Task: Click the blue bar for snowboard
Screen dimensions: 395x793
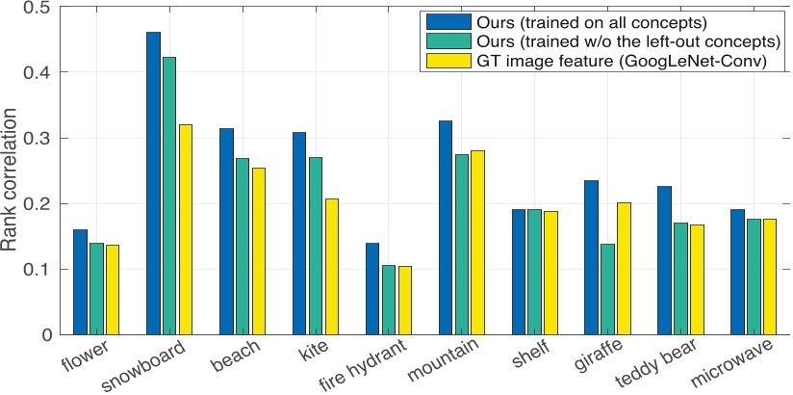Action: coord(153,183)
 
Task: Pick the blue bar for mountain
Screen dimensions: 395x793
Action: coord(446,227)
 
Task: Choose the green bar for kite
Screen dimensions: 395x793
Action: coord(315,246)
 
